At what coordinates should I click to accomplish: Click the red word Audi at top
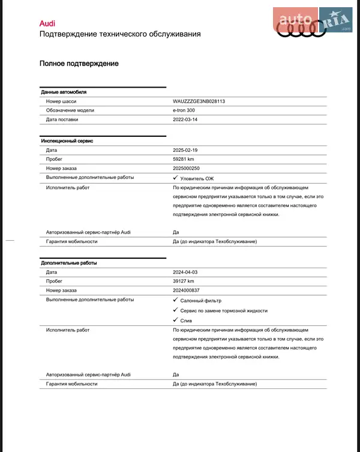47,23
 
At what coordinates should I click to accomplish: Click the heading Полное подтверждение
79,64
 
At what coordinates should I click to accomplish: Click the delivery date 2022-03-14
185,119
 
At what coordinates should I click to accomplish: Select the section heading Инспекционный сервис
67,140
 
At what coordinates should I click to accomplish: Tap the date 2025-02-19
185,150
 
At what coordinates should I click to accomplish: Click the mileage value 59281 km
184,159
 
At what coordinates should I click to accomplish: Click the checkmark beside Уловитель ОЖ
175,178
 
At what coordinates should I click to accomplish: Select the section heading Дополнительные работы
68,263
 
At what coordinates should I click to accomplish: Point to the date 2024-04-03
185,272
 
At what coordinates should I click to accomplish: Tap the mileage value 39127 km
184,281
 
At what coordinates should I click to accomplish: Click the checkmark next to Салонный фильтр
175,300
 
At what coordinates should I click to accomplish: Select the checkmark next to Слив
175,320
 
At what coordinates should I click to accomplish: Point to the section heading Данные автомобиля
64,92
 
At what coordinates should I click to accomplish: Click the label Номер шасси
61,101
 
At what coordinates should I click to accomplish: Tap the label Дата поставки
62,119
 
